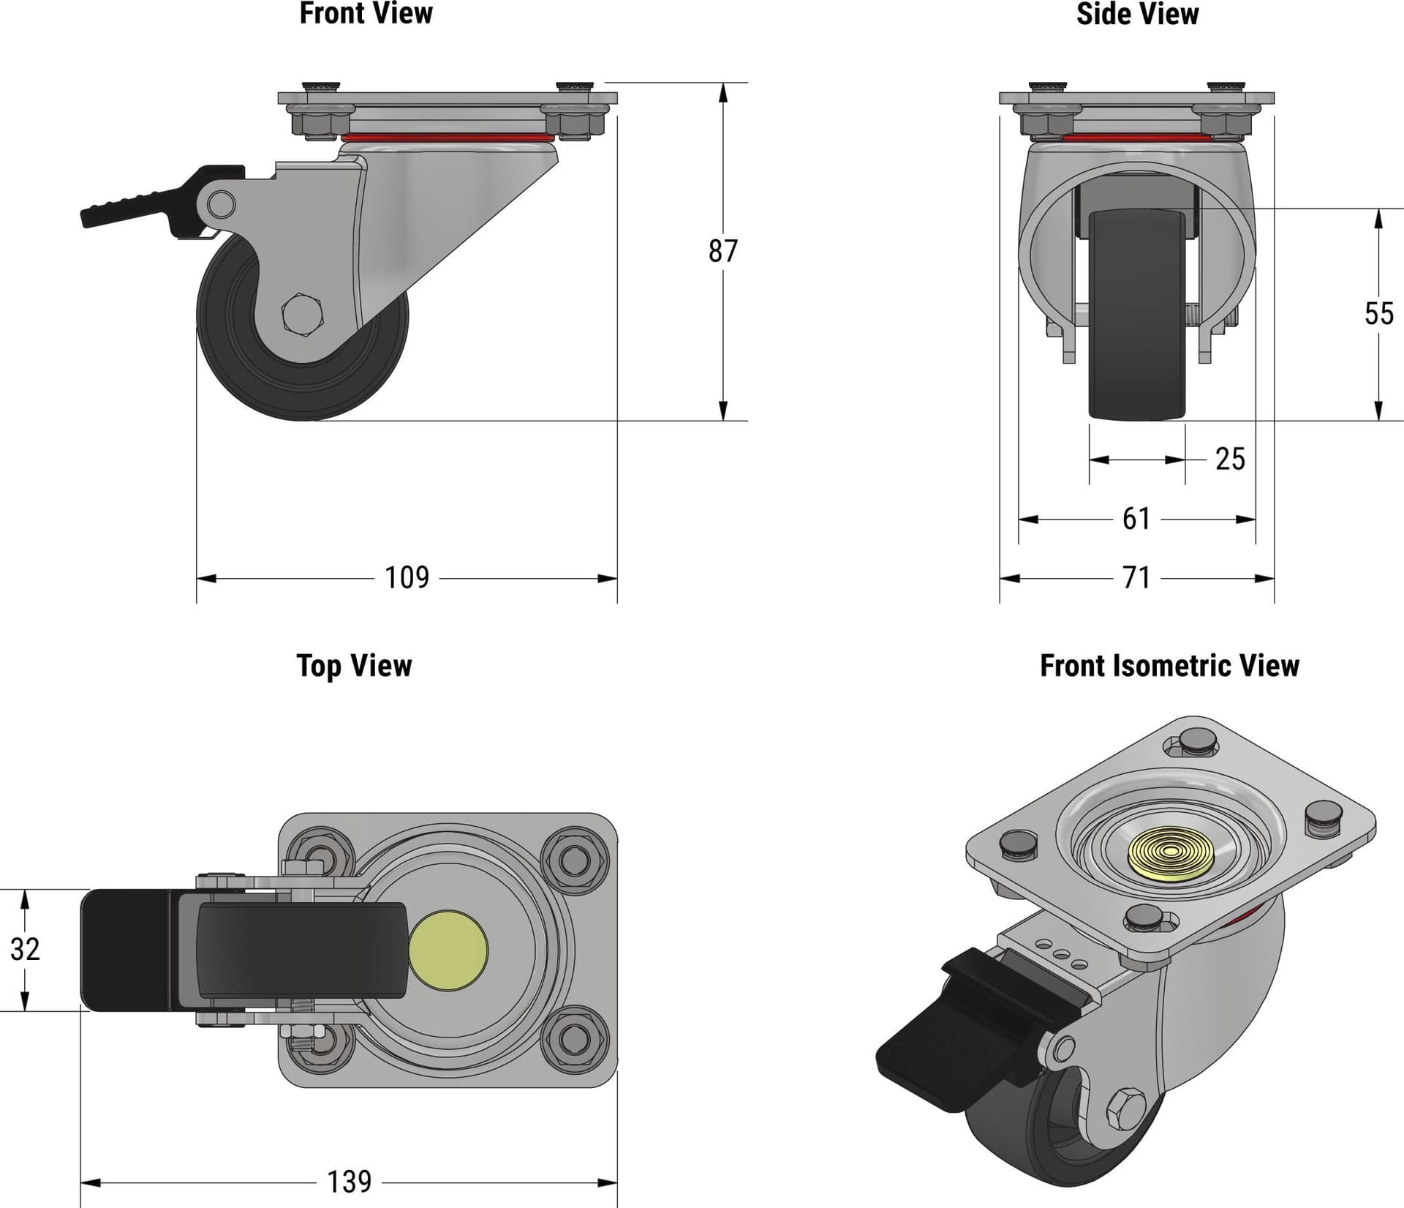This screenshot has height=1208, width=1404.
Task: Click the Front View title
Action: tap(366, 13)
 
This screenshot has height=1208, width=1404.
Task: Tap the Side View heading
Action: tap(1137, 14)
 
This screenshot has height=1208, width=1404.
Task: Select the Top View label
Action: tap(354, 666)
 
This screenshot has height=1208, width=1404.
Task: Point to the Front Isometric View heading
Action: tap(1169, 666)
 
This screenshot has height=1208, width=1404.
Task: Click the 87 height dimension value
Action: tap(722, 251)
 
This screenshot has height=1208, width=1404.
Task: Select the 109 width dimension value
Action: tap(407, 578)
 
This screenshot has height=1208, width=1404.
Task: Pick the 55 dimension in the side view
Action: tap(1378, 314)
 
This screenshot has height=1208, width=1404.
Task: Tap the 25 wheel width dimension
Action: tap(1230, 459)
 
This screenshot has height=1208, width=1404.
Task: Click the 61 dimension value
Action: tap(1136, 519)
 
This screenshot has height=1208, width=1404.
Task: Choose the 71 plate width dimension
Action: tap(1136, 578)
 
